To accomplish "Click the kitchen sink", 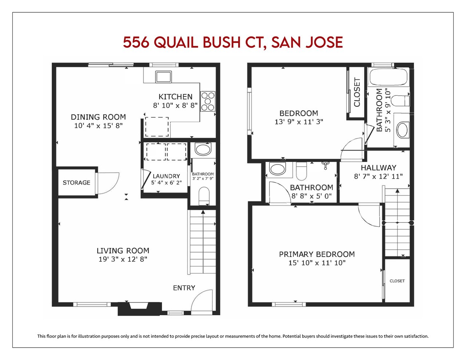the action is pos(163,76).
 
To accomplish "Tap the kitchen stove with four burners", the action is pos(208,101).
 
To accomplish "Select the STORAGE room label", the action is pos(76,183).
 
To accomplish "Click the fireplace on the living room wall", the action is pos(139,308).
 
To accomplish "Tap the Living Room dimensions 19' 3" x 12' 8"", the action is pos(123,260).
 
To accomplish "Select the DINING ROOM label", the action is pos(98,117).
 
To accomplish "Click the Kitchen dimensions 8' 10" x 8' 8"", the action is pos(175,106).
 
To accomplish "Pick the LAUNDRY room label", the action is pos(166,176).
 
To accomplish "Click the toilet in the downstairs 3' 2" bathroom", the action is pos(204,196).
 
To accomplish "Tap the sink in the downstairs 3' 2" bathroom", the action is pos(203,150).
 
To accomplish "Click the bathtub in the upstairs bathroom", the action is pos(388,77).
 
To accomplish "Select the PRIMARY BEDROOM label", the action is pos(317,254).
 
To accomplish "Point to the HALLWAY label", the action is pos(379,168).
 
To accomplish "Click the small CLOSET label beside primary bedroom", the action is pos(397,281).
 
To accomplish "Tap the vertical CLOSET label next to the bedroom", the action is pos(357,92).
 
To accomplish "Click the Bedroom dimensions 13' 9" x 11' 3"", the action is pos(299,122).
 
